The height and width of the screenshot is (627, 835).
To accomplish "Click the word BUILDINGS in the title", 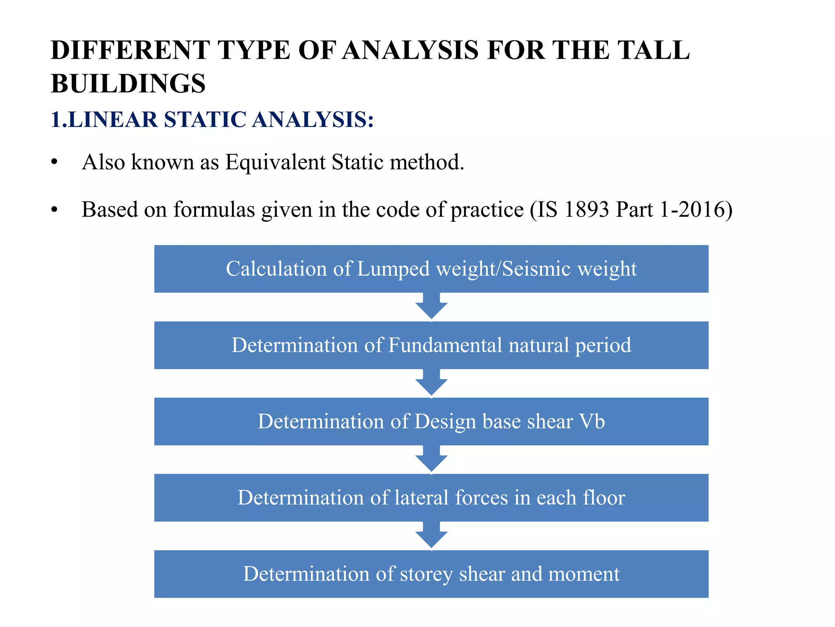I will coord(128,84).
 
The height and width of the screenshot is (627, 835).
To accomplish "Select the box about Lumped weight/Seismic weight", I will coord(431,269).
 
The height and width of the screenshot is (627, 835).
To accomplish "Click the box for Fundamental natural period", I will coord(431,345).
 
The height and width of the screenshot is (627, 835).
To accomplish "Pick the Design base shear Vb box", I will coord(431,422).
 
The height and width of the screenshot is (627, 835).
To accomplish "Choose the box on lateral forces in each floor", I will coord(431,498).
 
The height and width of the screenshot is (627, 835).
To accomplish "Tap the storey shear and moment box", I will coord(431,574).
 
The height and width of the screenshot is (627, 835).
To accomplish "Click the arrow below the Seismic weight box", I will coord(431,307).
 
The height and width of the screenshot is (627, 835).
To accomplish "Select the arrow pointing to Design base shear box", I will coord(431,383).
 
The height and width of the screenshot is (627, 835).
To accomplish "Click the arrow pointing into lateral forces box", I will coord(431,459).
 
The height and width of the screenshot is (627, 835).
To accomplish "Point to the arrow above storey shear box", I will coord(431,536).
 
